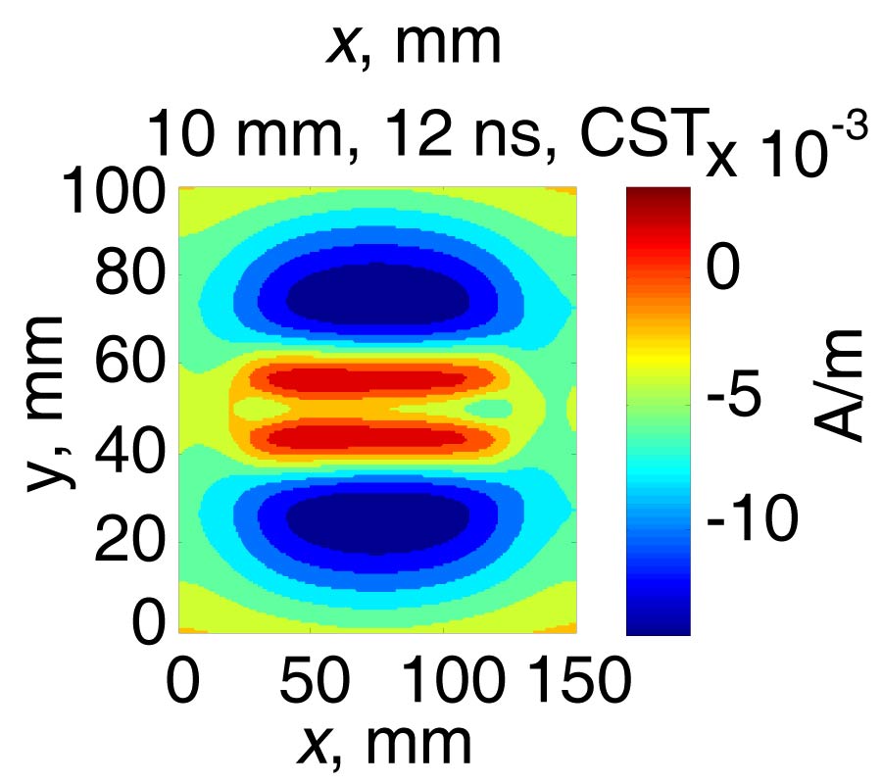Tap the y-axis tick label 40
127,452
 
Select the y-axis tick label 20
127,537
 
